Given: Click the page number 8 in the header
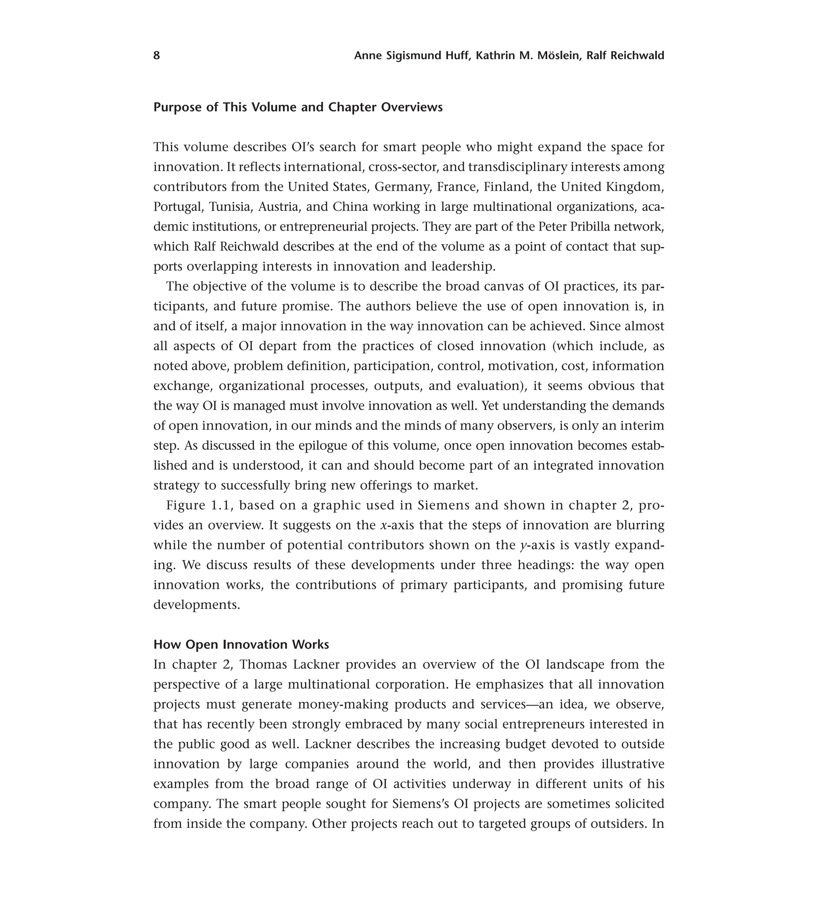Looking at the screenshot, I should (157, 56).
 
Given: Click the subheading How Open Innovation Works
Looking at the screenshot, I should (241, 645).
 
